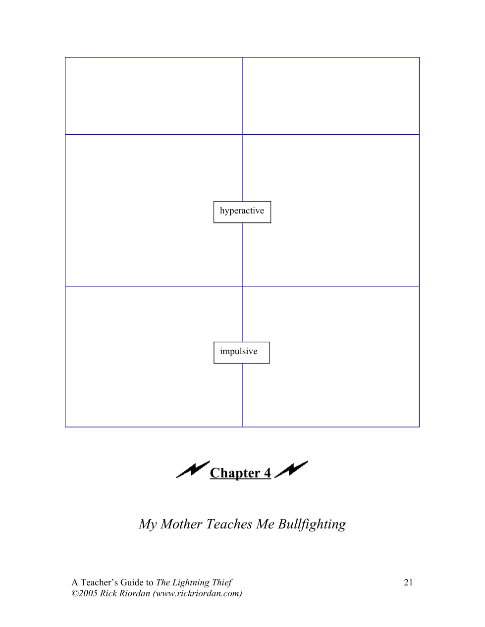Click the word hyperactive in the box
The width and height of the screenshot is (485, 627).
[242, 211]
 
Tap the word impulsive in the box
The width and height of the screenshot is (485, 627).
[239, 352]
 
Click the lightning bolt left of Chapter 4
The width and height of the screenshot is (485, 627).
[193, 469]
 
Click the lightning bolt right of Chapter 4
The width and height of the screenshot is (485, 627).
[291, 469]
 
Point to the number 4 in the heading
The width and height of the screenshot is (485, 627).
[268, 473]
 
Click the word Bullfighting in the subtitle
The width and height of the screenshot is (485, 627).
[312, 524]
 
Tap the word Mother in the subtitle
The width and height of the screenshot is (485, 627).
[181, 524]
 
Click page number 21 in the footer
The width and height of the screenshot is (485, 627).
[408, 582]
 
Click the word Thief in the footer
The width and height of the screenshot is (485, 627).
[221, 582]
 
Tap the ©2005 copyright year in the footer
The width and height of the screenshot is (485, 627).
[84, 593]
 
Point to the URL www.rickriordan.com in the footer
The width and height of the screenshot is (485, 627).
[197, 593]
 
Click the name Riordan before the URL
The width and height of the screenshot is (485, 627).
[134, 593]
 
